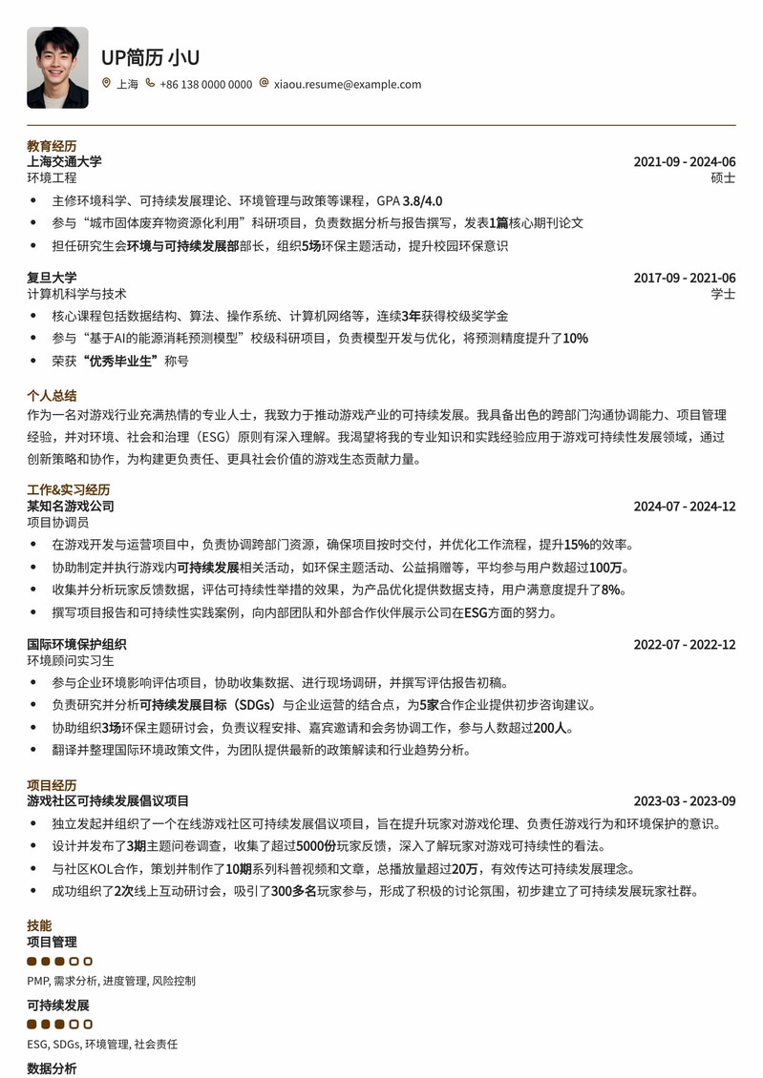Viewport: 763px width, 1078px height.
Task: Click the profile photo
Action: (57, 67)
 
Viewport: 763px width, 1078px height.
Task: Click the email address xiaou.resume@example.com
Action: (348, 84)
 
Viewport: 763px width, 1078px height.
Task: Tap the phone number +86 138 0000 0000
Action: (206, 84)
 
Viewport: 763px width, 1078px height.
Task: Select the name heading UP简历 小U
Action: (150, 57)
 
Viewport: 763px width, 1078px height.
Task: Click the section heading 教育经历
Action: (52, 146)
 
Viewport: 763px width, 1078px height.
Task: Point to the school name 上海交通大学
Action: (64, 161)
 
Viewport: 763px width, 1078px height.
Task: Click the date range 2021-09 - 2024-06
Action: (684, 162)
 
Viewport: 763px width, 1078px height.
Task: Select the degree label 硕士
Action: (723, 177)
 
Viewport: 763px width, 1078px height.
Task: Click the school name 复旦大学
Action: (52, 278)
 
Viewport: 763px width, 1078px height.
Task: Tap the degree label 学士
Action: (723, 294)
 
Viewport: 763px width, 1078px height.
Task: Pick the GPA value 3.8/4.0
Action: (422, 200)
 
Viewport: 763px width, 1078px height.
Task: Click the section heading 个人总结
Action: (52, 395)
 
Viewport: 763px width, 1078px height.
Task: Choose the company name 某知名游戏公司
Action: (71, 506)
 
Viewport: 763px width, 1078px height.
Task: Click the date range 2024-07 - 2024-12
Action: (684, 507)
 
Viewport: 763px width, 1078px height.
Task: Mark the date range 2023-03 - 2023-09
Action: (684, 801)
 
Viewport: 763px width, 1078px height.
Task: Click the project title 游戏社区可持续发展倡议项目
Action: (108, 800)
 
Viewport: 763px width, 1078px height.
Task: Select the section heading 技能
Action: (39, 925)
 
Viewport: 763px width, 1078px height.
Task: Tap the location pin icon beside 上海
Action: (106, 84)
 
